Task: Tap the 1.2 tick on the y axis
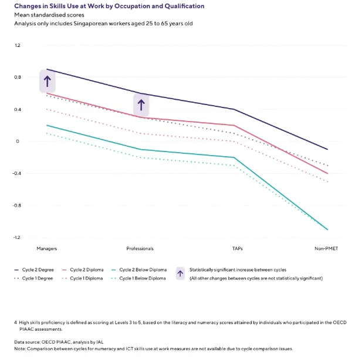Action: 18,45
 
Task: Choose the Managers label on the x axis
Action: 47,249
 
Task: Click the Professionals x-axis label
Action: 140,249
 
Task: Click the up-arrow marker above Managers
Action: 48,81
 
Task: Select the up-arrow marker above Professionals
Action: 141,105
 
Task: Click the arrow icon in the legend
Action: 181,273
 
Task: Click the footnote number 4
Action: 16,322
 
